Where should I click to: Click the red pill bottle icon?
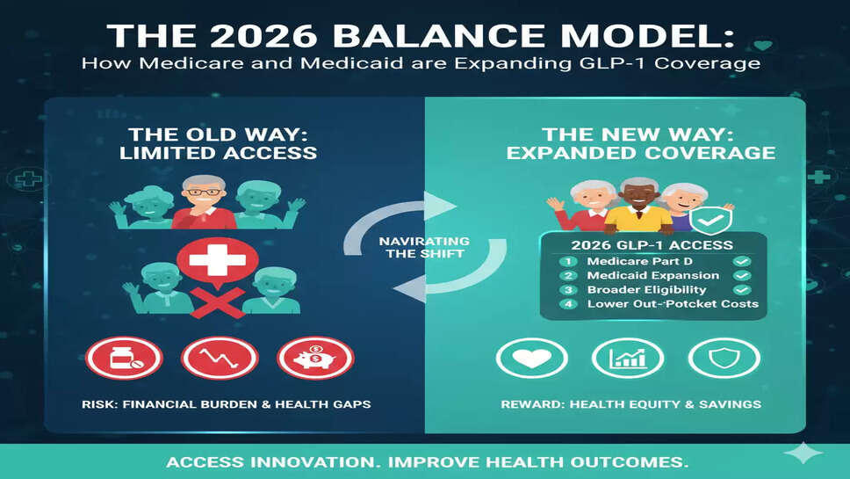pyautogui.click(x=124, y=358)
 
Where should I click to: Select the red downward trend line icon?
pyautogui.click(x=220, y=358)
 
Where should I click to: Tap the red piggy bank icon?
pyautogui.click(x=315, y=358)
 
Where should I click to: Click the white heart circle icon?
pyautogui.click(x=532, y=358)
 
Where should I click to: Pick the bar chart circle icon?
pyautogui.click(x=628, y=358)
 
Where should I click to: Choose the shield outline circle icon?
pyautogui.click(x=724, y=358)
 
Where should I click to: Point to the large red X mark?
pyautogui.click(x=218, y=302)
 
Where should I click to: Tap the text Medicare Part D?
pyautogui.click(x=639, y=261)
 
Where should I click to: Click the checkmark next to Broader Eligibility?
pyautogui.click(x=742, y=290)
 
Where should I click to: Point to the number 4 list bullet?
pyautogui.click(x=568, y=304)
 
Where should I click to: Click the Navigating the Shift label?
pyautogui.click(x=424, y=247)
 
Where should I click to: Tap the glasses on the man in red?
pyautogui.click(x=204, y=192)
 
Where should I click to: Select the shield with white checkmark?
pyautogui.click(x=710, y=221)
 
